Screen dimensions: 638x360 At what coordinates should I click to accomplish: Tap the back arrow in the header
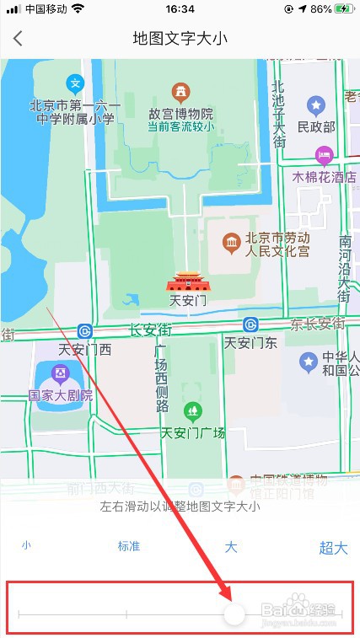[x=18, y=39]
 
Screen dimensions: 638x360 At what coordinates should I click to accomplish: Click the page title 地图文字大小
[x=180, y=39]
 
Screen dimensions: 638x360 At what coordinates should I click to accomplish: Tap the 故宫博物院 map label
[x=180, y=114]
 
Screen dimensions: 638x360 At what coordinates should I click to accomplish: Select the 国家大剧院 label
[x=60, y=394]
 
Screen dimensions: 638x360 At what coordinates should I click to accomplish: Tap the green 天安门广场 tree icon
[x=193, y=411]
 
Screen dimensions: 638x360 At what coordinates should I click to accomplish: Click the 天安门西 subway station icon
[x=85, y=330]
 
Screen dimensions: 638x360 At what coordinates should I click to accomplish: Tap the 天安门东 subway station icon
[x=250, y=325]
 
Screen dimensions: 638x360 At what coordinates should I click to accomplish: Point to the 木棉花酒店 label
[x=324, y=178]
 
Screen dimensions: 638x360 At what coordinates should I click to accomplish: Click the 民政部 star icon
[x=315, y=106]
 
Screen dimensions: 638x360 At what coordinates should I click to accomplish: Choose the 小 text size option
[x=26, y=545]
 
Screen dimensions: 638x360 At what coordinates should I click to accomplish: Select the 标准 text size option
[x=129, y=546]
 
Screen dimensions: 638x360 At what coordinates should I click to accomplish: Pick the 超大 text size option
[x=333, y=548]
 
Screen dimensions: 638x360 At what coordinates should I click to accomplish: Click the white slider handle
[x=234, y=614]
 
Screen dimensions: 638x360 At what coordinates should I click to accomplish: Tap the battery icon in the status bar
[x=343, y=9]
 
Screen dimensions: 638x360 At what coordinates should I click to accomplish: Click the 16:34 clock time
[x=180, y=9]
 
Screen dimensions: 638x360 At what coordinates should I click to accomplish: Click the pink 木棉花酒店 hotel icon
[x=324, y=154]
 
